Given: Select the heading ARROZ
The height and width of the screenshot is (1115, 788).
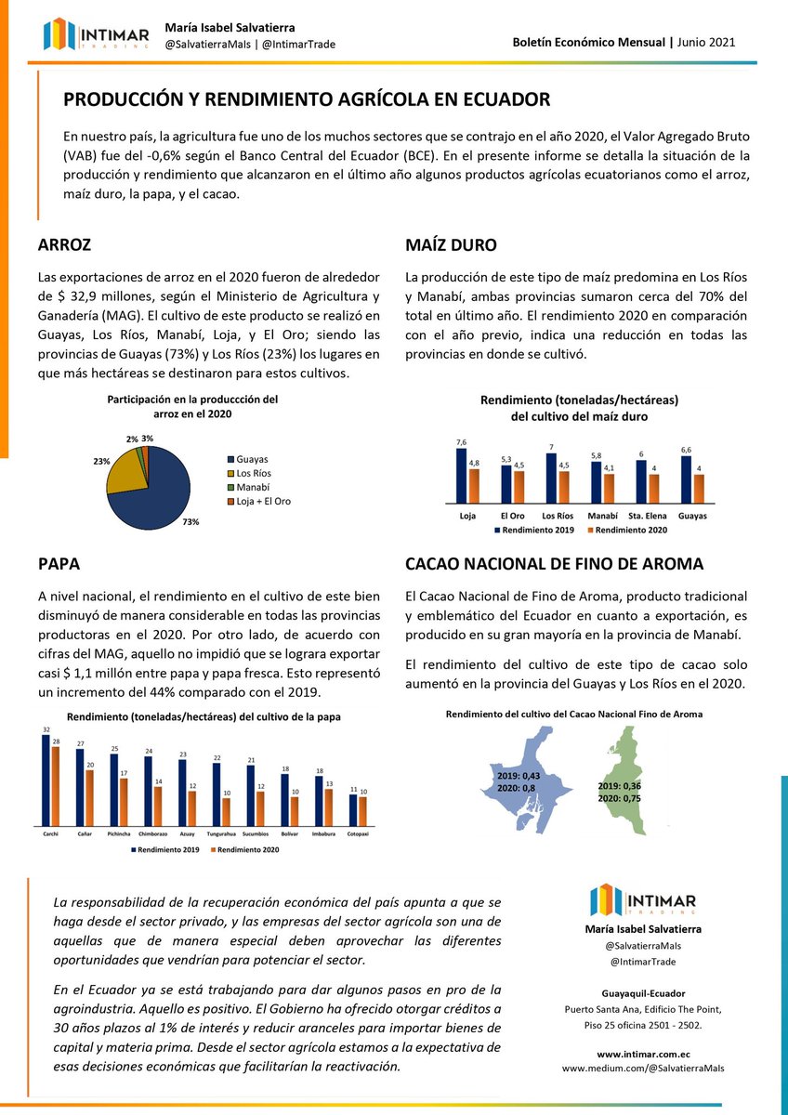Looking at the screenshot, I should pyautogui.click(x=64, y=246).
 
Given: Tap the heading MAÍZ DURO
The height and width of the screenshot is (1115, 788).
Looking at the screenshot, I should pyautogui.click(x=451, y=246).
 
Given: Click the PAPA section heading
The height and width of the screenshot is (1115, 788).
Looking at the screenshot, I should pyautogui.click(x=59, y=564).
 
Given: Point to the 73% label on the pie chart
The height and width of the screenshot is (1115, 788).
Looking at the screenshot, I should pyautogui.click(x=191, y=522).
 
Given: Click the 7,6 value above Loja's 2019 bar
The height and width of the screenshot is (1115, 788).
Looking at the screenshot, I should pyautogui.click(x=461, y=441).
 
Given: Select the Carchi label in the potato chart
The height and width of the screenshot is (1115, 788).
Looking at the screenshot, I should pyautogui.click(x=51, y=833).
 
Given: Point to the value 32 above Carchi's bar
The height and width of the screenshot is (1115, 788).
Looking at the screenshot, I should pyautogui.click(x=46, y=728).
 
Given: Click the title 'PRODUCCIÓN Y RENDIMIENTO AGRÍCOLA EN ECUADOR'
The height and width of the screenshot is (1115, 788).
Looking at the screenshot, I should pyautogui.click(x=306, y=99).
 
